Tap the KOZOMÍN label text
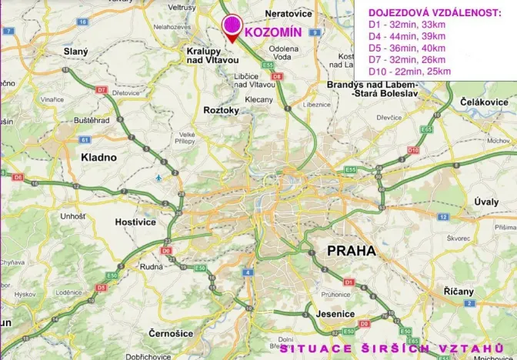pos(272,33)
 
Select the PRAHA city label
pos(351,250)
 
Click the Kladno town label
pos(98,157)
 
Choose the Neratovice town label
pos(289,14)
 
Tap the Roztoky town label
pos(222,111)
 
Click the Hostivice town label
pos(135,222)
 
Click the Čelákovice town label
pos(483,102)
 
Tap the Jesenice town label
pos(335,314)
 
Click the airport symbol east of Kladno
pos(158,178)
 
